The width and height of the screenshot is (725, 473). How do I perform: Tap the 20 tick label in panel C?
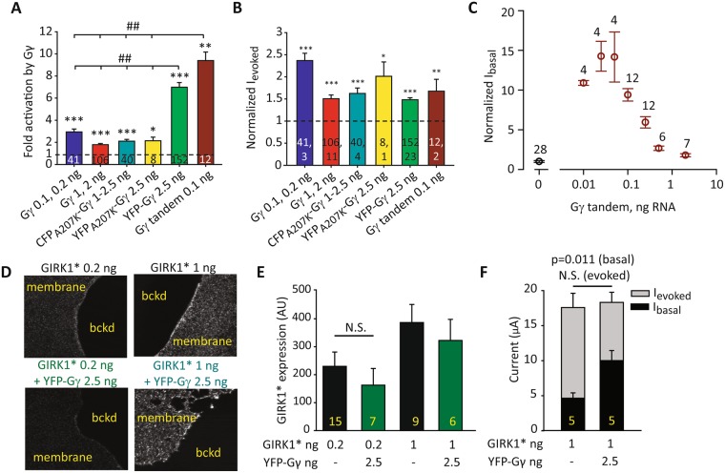click(x=519, y=13)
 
